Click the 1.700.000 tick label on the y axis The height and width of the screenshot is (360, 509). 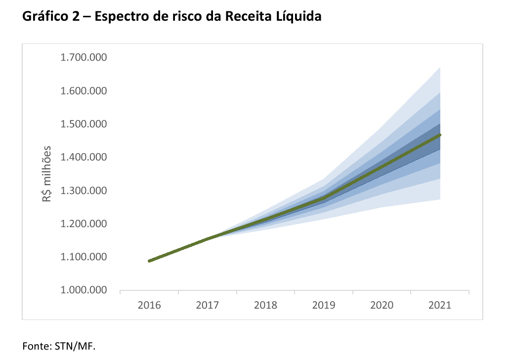tap(84, 58)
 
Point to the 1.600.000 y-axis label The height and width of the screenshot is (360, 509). tap(84, 91)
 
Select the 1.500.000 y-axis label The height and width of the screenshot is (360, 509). tap(84, 124)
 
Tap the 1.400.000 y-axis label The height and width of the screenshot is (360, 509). tap(84, 157)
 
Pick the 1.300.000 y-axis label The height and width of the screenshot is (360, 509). tap(84, 191)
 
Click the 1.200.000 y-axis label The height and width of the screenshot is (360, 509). tap(84, 224)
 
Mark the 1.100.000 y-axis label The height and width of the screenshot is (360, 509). tap(84, 257)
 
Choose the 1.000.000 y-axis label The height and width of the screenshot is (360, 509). tap(84, 290)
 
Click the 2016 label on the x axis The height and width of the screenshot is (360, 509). tap(149, 305)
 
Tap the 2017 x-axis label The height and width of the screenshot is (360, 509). tap(208, 305)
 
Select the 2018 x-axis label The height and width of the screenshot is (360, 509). tap(265, 305)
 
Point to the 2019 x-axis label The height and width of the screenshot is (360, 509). tap(324, 305)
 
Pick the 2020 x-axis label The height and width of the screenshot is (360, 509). tap(382, 305)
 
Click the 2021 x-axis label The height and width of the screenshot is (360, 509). tap(440, 305)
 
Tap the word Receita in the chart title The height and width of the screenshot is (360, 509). tap(249, 16)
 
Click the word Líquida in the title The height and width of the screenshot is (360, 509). tap(298, 16)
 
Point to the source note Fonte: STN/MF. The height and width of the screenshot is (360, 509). tap(58, 345)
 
